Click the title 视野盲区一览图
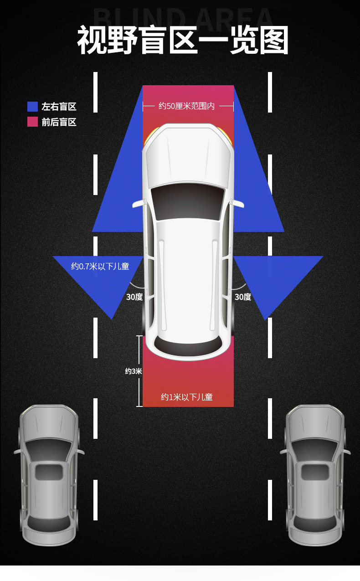pos(183,40)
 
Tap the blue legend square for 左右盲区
pos(32,107)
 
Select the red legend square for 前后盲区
pos(32,122)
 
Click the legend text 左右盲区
pos(59,107)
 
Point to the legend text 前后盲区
pos(59,122)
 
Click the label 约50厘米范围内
pos(186,106)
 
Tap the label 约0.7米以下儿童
pos(100,266)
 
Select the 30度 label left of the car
pos(134,297)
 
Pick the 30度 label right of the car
pos(243,297)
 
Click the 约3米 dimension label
pos(134,371)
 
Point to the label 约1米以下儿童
pos(187,397)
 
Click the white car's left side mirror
pos(137,204)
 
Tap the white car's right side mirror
pos(239,204)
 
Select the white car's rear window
pos(188,345)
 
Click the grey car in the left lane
pos(49,474)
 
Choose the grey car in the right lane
pos(315,474)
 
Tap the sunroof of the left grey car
pos(49,472)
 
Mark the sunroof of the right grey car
pos(315,472)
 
